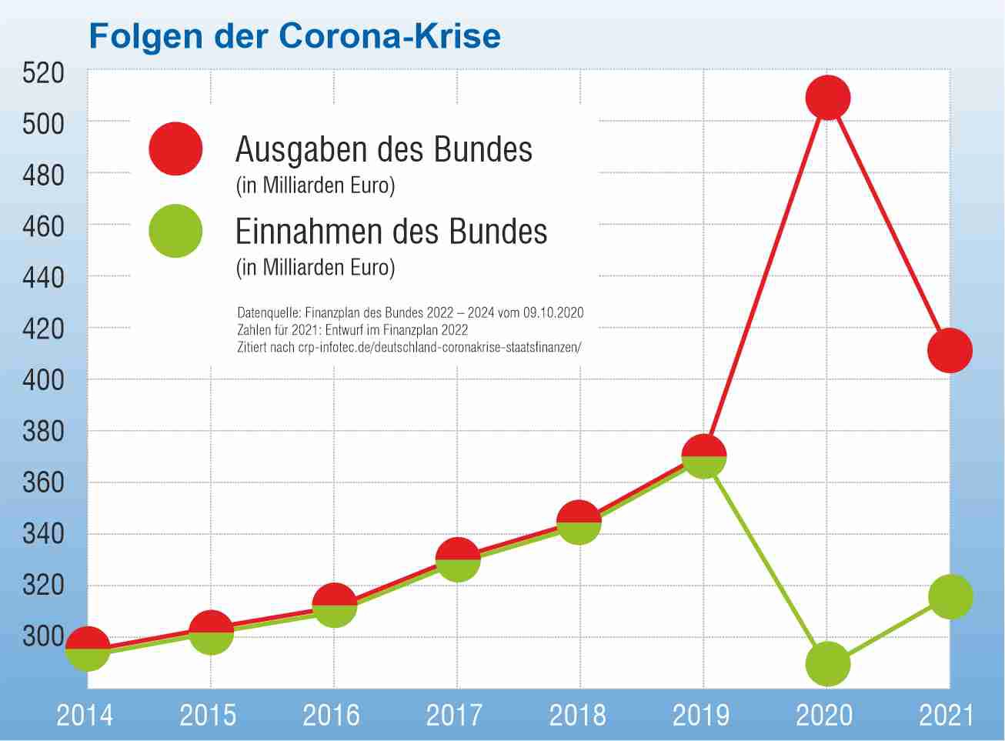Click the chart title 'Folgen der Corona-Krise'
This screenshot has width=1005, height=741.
pos(295,36)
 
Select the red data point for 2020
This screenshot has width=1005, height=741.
pos(827,98)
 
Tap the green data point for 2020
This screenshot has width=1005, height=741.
pos(827,663)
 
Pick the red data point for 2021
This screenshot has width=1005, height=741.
pos(950,350)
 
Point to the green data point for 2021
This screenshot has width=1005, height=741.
pos(950,596)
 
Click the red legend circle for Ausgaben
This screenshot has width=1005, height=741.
pos(175,149)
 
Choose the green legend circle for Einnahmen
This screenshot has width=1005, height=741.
pos(175,231)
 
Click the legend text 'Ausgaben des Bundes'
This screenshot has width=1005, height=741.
pos(383,149)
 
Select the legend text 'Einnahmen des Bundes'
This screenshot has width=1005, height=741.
pos(391,232)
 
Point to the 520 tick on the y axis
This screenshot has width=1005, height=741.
pos(43,73)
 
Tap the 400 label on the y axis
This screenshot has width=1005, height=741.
pos(43,380)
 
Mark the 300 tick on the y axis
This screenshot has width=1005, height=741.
pos(43,636)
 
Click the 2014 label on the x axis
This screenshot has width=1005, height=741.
pos(85,716)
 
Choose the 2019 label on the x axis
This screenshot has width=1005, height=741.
pos(701,716)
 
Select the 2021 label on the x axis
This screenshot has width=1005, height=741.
pos(947,716)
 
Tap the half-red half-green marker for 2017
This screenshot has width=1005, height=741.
pos(458,559)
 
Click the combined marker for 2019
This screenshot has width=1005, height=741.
pos(703,456)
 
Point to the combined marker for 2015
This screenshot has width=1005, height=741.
pos(211,632)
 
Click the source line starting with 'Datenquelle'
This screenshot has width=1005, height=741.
pos(410,313)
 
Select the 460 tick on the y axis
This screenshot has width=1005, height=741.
pos(43,227)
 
